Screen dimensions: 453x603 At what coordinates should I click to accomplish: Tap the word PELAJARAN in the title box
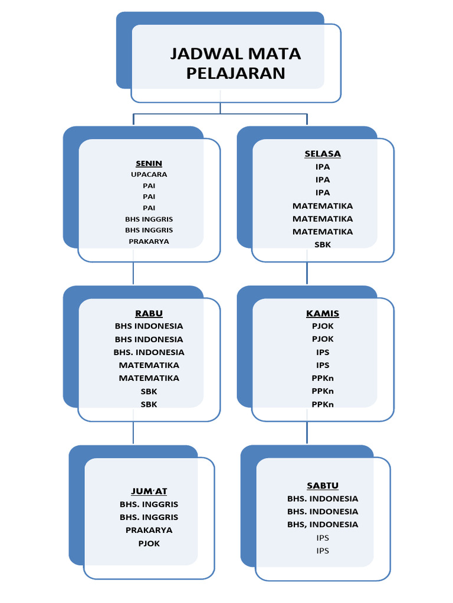pos(235,73)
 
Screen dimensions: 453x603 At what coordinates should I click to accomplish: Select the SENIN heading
pos(149,163)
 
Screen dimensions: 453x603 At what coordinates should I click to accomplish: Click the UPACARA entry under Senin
pos(149,174)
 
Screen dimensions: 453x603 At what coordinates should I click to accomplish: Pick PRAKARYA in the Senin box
pos(149,241)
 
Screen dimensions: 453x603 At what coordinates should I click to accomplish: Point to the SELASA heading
pos(323,154)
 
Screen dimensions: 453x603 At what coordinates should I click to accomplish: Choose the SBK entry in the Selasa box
pos(323,244)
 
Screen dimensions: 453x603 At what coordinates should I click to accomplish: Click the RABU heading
pos(149,313)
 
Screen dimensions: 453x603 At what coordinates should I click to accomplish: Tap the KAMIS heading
pos(323,313)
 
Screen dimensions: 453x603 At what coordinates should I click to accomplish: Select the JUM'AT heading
pos(149,491)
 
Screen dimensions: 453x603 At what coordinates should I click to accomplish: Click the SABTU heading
pos(323,486)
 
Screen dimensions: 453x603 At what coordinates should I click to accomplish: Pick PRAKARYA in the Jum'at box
pos(149,530)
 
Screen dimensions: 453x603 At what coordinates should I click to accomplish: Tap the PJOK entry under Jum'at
pos(149,543)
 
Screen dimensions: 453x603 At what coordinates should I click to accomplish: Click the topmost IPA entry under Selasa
pos(323,167)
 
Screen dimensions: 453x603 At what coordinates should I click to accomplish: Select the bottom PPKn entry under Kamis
pos(323,404)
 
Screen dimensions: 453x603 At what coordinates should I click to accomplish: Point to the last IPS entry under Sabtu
pos(323,551)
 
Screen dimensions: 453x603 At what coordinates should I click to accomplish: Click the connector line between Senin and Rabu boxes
pos(133,273)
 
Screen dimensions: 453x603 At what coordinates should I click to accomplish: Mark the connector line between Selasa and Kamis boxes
pos(307,273)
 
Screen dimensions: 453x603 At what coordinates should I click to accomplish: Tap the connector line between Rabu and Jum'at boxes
pos(133,433)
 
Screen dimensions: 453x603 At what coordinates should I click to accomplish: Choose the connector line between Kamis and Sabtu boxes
pos(307,433)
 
